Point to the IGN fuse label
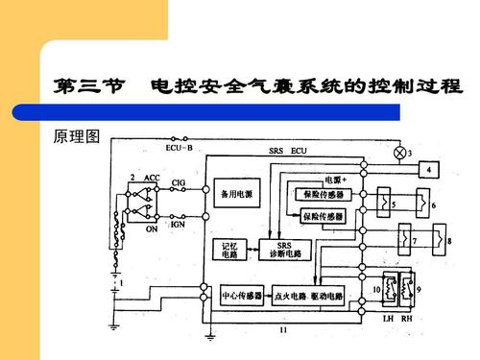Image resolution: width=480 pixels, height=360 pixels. pyautogui.click(x=178, y=224)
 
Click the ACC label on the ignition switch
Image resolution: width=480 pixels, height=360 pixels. pyautogui.click(x=152, y=179)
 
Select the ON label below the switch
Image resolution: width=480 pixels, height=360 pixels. pyautogui.click(x=151, y=230)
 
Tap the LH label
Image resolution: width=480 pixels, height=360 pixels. pyautogui.click(x=389, y=317)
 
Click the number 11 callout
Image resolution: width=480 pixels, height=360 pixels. pyautogui.click(x=284, y=331)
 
